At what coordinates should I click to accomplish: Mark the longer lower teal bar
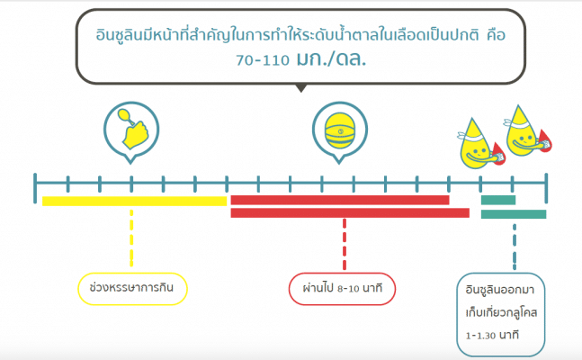[x=513, y=214]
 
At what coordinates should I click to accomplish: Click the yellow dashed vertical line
[x=132, y=238]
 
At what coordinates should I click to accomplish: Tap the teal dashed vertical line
[x=514, y=243]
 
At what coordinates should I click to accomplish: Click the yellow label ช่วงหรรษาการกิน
[x=132, y=288]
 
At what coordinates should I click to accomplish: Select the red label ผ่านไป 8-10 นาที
[x=344, y=288]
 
